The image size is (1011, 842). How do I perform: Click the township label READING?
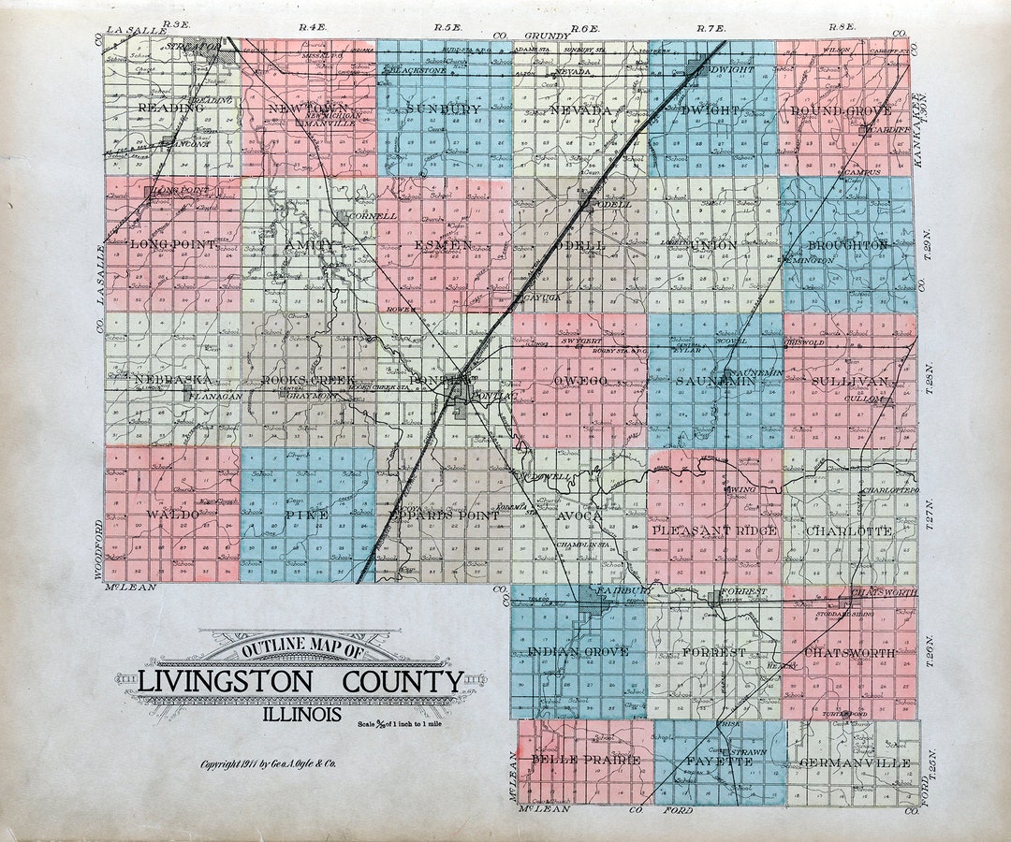pyautogui.click(x=170, y=108)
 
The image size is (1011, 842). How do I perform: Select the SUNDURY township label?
pyautogui.click(x=444, y=109)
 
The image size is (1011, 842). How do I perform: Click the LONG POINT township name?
pyautogui.click(x=173, y=244)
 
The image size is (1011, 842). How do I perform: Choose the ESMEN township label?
pyautogui.click(x=443, y=245)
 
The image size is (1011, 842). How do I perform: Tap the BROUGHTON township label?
pyautogui.click(x=847, y=245)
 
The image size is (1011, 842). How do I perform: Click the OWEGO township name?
pyautogui.click(x=580, y=381)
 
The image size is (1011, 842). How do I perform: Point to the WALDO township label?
pyautogui.click(x=172, y=515)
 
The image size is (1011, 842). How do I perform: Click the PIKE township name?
pyautogui.click(x=308, y=515)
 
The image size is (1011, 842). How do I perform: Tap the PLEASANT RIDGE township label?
pyautogui.click(x=714, y=530)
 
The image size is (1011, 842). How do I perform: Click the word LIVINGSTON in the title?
pyautogui.click(x=226, y=682)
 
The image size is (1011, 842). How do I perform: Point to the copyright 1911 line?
pyautogui.click(x=268, y=764)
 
